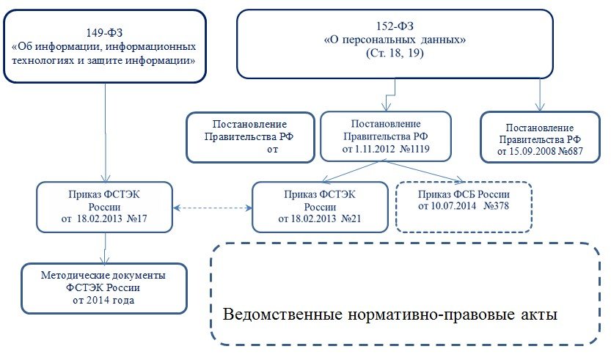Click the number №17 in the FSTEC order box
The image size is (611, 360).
click(139, 218)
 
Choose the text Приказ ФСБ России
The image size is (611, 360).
click(464, 194)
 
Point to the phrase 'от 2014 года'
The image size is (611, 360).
click(103, 299)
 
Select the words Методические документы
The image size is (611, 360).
click(103, 276)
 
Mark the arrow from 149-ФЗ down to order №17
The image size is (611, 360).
click(107, 132)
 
